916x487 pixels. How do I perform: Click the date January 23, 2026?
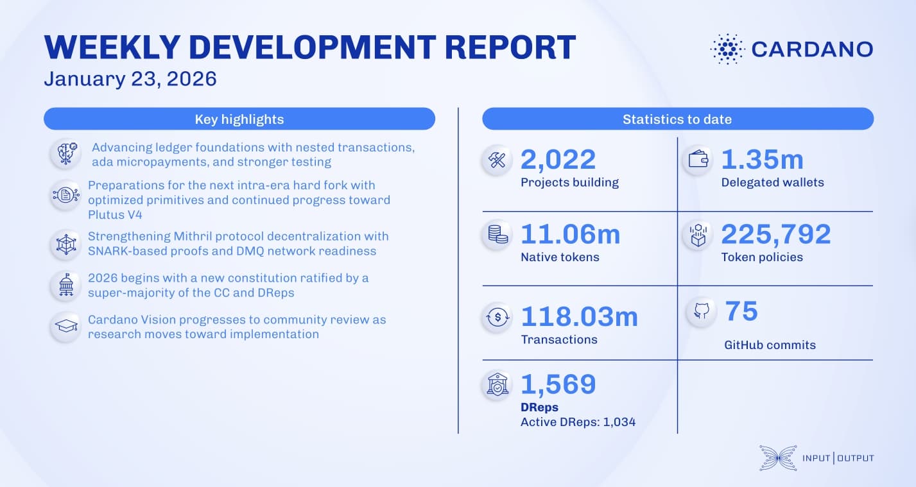point(130,79)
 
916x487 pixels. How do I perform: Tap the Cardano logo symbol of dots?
point(727,49)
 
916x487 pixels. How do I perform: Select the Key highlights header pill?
point(239,119)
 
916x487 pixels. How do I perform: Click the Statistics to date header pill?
point(677,119)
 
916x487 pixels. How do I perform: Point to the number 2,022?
point(558,160)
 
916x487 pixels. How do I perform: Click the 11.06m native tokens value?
point(570,234)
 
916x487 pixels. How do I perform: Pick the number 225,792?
point(776,234)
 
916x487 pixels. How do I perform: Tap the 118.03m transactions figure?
point(579,317)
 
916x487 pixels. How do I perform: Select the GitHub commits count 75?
point(741,311)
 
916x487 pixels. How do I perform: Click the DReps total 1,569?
point(558,384)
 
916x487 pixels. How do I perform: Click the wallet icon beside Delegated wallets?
point(698,160)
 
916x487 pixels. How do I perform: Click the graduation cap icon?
point(66,327)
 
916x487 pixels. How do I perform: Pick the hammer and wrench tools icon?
point(497,160)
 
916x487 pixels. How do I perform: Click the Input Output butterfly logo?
point(778,457)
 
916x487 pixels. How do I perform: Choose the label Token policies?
point(762,257)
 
